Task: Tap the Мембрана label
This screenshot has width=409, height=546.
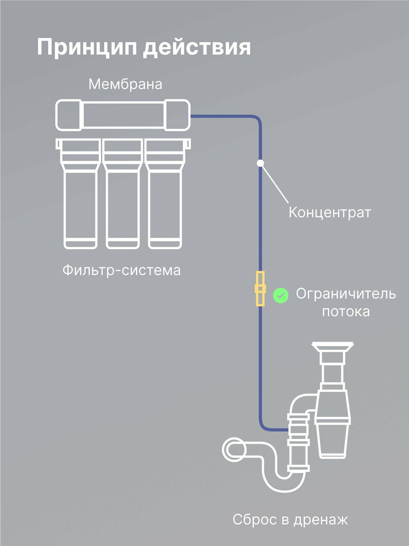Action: (x=125, y=84)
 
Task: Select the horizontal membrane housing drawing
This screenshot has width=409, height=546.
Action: (x=123, y=115)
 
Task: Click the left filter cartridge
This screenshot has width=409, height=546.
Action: (x=80, y=194)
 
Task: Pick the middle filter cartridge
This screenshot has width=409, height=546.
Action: (x=123, y=194)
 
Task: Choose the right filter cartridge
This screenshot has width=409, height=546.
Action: (x=165, y=194)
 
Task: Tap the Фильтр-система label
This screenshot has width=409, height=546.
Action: (x=122, y=270)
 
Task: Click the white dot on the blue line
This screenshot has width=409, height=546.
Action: (x=260, y=163)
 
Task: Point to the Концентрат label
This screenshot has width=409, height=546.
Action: (x=330, y=212)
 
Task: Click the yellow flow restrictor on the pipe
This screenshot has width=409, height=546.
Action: (x=260, y=289)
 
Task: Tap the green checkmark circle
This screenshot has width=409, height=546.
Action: (x=281, y=295)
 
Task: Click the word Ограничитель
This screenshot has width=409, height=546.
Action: (x=346, y=294)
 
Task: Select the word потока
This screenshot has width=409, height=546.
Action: (x=346, y=311)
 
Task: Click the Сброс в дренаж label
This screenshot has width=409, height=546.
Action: (x=290, y=520)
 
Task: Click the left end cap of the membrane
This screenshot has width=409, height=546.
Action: (x=69, y=115)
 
